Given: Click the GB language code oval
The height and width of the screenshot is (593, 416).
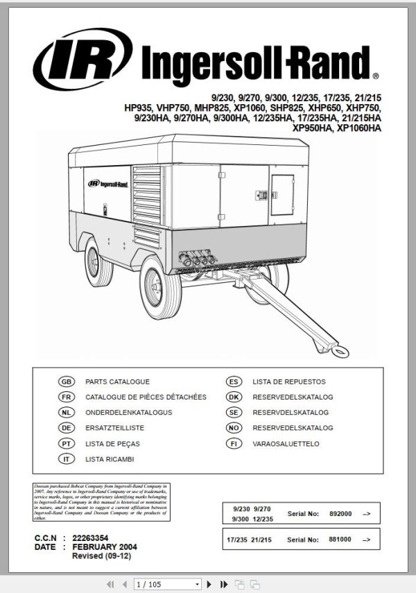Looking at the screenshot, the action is (x=67, y=381).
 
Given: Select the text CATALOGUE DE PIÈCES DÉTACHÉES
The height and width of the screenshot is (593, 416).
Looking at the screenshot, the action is (x=146, y=397).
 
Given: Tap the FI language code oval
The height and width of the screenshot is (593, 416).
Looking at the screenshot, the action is (x=234, y=443).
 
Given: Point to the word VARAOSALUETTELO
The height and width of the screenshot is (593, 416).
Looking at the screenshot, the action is (x=286, y=443).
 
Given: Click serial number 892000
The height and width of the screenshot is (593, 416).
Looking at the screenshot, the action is (x=340, y=514).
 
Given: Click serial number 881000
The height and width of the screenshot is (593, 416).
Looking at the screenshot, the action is (x=340, y=539).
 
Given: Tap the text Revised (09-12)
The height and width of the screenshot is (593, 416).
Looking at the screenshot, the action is (x=101, y=556).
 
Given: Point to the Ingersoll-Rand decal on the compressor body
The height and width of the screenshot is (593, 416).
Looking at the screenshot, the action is (x=107, y=184).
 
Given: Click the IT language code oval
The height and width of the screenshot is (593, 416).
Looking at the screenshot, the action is (x=67, y=459).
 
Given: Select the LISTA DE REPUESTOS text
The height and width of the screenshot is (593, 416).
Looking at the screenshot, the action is (x=288, y=381).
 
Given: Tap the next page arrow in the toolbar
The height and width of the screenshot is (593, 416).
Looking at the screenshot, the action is (x=209, y=585).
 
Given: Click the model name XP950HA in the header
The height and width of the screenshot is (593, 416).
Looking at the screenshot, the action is (x=314, y=128).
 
